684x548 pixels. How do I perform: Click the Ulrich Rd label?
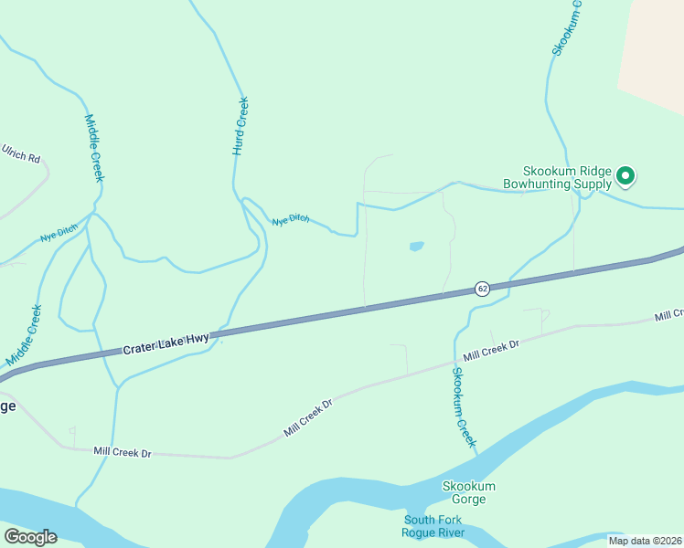21,153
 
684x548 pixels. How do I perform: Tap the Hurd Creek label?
240,125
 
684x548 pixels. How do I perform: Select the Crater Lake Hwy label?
166,344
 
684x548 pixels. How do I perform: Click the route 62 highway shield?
482,289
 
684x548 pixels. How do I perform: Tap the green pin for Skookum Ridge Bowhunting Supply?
625,174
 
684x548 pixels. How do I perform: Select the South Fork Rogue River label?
434,526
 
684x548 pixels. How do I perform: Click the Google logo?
30,537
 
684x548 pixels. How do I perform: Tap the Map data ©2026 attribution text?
646,541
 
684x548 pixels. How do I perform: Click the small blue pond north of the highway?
416,246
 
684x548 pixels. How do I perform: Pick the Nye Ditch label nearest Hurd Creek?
291,220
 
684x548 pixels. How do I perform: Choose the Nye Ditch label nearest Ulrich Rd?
59,235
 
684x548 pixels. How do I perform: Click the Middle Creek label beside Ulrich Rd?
94,148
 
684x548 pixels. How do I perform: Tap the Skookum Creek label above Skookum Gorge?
465,406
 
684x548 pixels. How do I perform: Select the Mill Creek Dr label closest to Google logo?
122,452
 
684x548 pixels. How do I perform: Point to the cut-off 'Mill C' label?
668,315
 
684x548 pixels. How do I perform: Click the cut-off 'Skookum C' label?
568,27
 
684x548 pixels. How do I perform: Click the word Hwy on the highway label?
197,339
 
